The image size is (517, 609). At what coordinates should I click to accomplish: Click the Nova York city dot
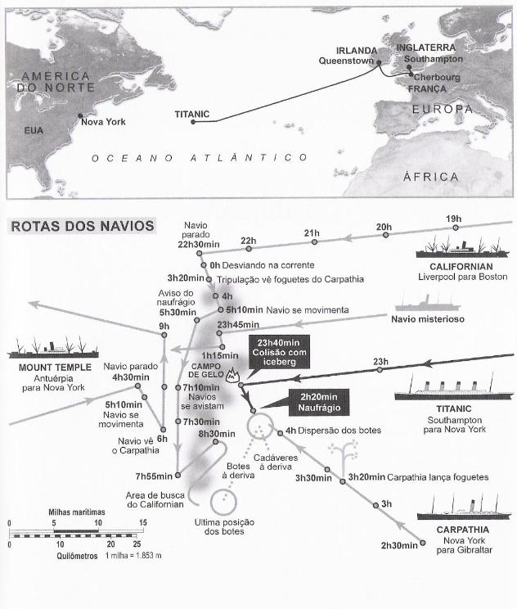[79, 115]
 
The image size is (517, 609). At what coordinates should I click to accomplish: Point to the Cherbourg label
[438, 78]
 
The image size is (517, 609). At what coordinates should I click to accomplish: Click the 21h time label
[312, 233]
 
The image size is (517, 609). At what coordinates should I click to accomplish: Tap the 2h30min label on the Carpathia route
[399, 544]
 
